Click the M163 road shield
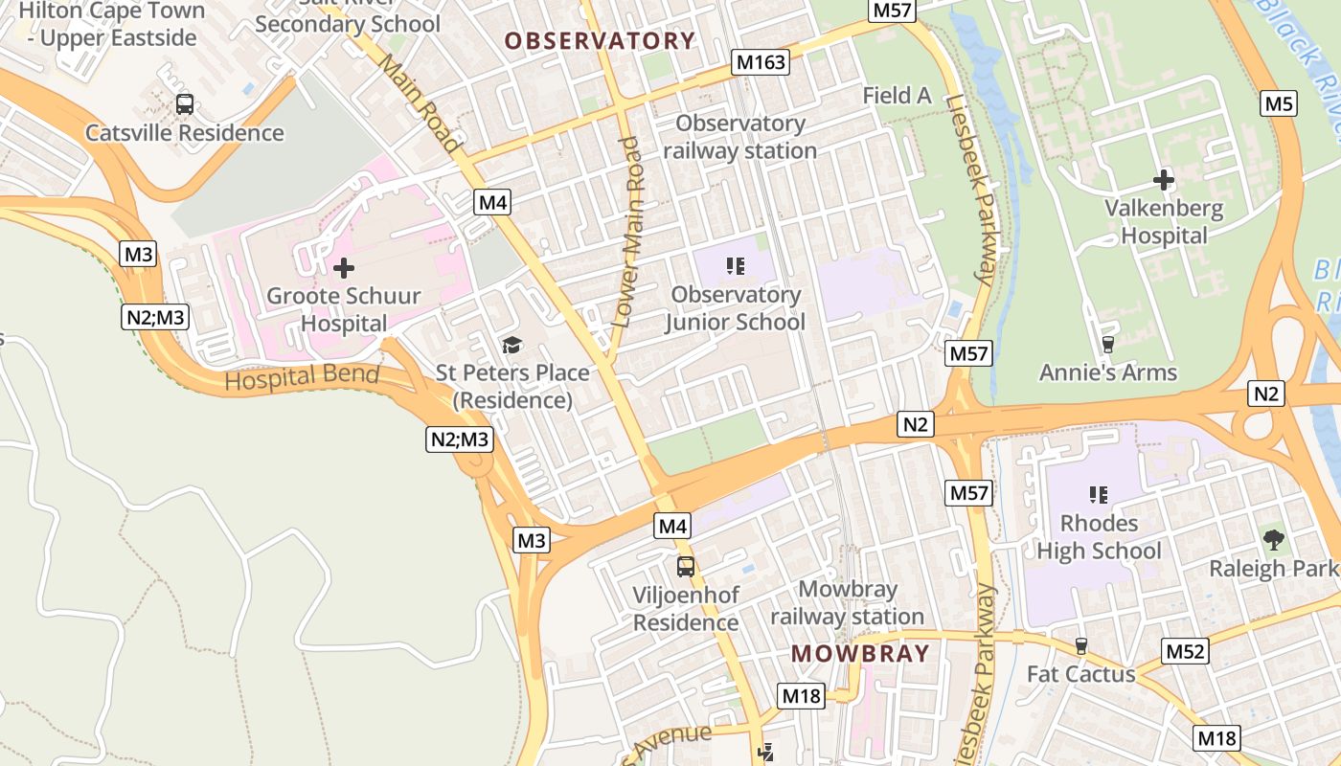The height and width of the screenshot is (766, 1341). pos(761,63)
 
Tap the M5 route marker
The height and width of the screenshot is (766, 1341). pos(1279,103)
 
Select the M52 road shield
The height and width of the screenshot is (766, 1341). pos(1186,652)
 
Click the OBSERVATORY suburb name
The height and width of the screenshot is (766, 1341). pos(600,41)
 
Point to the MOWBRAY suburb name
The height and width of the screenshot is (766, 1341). pos(860,654)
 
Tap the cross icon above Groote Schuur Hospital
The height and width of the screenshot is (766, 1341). pos(343,268)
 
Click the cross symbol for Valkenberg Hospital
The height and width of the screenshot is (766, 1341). pos(1164,179)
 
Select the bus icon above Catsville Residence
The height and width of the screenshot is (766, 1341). pos(185,104)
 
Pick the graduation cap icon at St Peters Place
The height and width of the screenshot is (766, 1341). pos(512,345)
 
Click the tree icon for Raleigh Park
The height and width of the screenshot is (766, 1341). pos(1273,540)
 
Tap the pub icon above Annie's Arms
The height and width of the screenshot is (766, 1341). pos(1108,344)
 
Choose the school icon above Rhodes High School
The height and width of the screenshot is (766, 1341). pos(1099,495)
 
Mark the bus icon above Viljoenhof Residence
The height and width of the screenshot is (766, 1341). pos(686,566)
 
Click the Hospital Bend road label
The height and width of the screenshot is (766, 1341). pos(302,377)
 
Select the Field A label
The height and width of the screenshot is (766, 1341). pos(898,95)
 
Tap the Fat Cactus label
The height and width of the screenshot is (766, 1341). pos(1080,674)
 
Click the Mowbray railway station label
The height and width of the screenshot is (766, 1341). pos(847,602)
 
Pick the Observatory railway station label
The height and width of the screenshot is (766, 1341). pos(740,137)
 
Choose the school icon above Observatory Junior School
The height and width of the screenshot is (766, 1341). pos(736,265)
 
